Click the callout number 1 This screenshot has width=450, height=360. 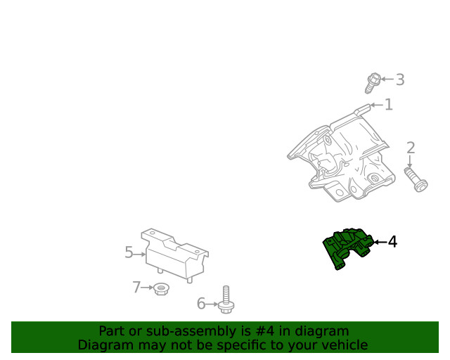[388, 105]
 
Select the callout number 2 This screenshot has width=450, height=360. [411, 148]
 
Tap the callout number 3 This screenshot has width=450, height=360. [399, 79]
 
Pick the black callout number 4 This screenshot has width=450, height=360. [392, 242]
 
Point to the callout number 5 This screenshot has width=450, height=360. [129, 252]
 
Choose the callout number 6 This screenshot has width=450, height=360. [201, 304]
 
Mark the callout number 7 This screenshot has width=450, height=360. [137, 287]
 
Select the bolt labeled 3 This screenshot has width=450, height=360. [371, 84]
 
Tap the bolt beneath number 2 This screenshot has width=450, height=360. [416, 179]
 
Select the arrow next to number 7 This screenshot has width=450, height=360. [148, 287]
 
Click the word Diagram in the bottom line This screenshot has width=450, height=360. [104, 345]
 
